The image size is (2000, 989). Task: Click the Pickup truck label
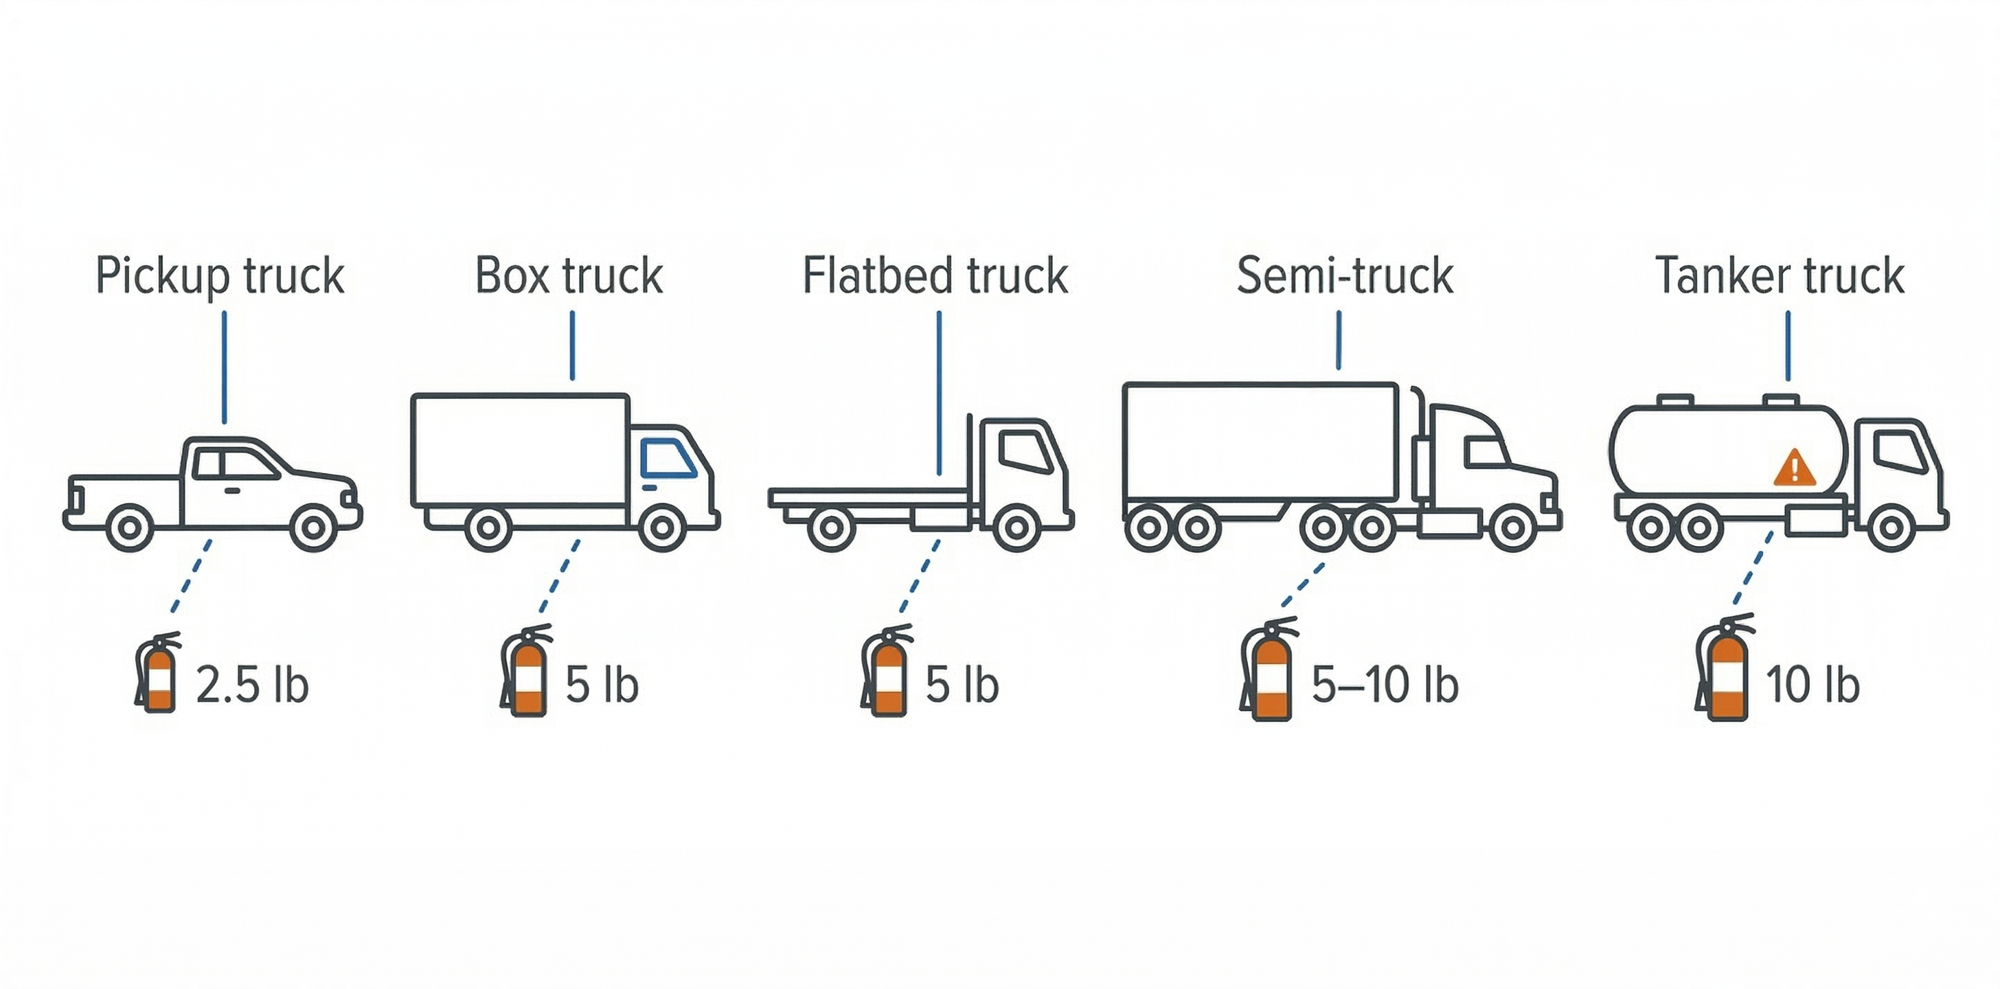[x=220, y=276]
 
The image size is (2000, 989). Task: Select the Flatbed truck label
[x=935, y=275]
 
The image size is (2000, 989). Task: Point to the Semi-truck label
[x=1344, y=275]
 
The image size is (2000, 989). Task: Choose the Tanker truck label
[x=1780, y=275]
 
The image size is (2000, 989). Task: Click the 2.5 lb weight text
[x=251, y=685]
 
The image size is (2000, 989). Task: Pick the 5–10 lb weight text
[x=1385, y=685]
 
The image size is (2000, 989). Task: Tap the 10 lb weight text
[x=1812, y=685]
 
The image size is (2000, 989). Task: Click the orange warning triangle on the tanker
[x=1794, y=468]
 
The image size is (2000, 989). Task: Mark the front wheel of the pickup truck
[x=313, y=528]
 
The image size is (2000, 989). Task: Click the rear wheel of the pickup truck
[x=130, y=528]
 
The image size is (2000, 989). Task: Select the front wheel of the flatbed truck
[x=1016, y=528]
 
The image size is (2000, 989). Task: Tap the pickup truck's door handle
[x=231, y=490]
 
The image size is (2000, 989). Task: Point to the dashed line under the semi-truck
[x=1303, y=585]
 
